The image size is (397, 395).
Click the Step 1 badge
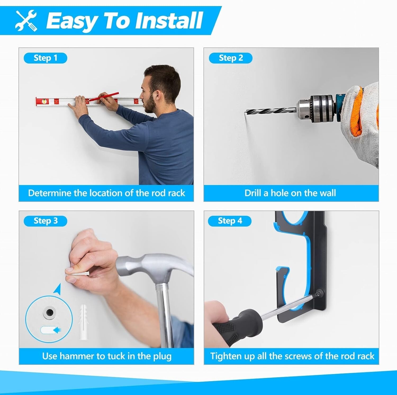[45, 58]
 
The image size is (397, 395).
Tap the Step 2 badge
[231, 58]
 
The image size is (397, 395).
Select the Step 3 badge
[45, 221]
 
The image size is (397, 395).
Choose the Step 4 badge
[229, 221]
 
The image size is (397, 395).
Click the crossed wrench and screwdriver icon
[26, 21]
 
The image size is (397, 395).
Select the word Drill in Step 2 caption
[253, 193]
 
